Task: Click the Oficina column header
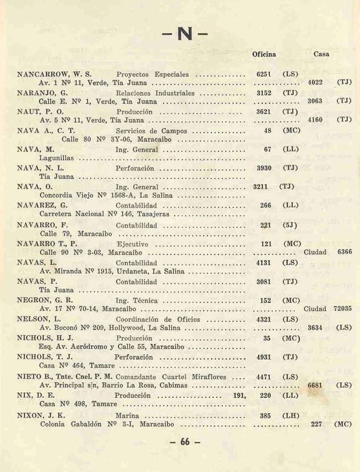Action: pos(264,54)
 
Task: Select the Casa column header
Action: pos(321,54)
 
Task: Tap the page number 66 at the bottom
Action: pos(185,442)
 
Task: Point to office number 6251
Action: pos(262,74)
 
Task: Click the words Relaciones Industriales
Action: pos(155,93)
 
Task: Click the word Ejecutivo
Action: pos(132,244)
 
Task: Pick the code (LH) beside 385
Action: pos(290,416)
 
